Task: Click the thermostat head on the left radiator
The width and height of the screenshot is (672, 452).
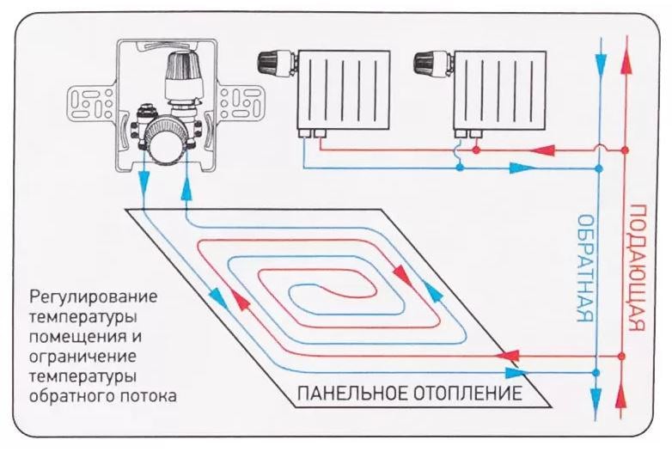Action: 274,63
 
